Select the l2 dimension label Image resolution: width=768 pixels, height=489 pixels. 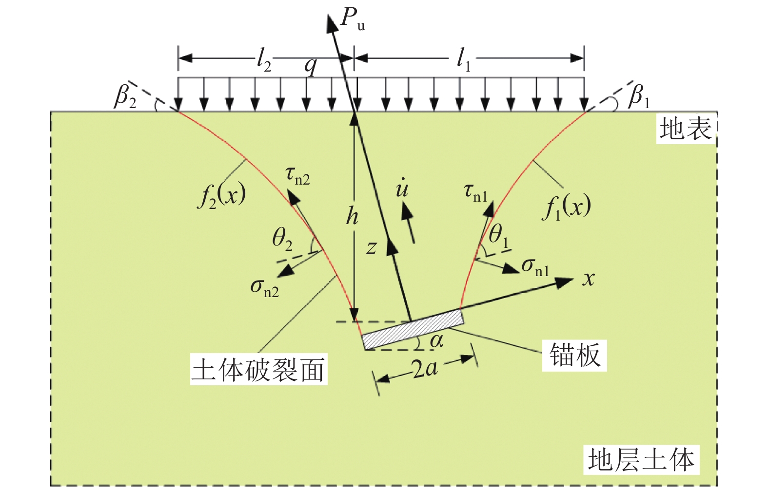pyautogui.click(x=264, y=60)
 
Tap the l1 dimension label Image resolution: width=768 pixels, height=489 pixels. pyautogui.click(x=463, y=60)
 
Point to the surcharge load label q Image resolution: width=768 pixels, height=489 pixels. pyautogui.click(x=310, y=66)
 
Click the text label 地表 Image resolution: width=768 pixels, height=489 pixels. pyautogui.click(x=685, y=129)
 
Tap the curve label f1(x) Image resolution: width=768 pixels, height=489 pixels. pyautogui.click(x=567, y=207)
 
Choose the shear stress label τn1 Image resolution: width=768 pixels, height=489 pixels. pyautogui.click(x=475, y=192)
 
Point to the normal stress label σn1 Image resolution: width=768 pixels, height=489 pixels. pyautogui.click(x=535, y=267)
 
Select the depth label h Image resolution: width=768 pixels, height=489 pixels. pyautogui.click(x=352, y=216)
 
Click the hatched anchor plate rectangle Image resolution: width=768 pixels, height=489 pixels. pyautogui.click(x=413, y=329)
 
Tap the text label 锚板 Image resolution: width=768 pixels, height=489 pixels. pyautogui.click(x=574, y=355)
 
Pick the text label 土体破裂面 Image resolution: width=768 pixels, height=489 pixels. pyautogui.click(x=258, y=370)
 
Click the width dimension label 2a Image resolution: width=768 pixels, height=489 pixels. pyautogui.click(x=424, y=369)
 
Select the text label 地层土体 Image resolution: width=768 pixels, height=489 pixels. pyautogui.click(x=641, y=460)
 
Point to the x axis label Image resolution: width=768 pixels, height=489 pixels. pyautogui.click(x=589, y=279)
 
